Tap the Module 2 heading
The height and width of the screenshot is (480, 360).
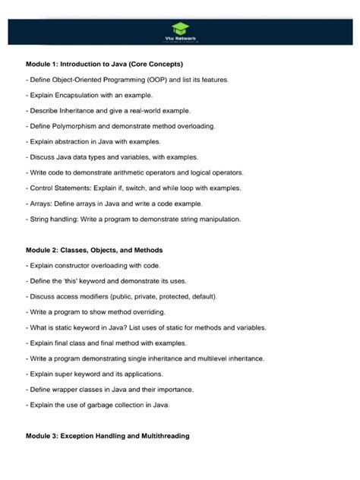tap(94, 250)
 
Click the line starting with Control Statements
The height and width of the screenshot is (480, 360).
tap(134, 188)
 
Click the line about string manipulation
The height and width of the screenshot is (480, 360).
tap(134, 219)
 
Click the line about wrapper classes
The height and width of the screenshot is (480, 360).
tap(111, 390)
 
